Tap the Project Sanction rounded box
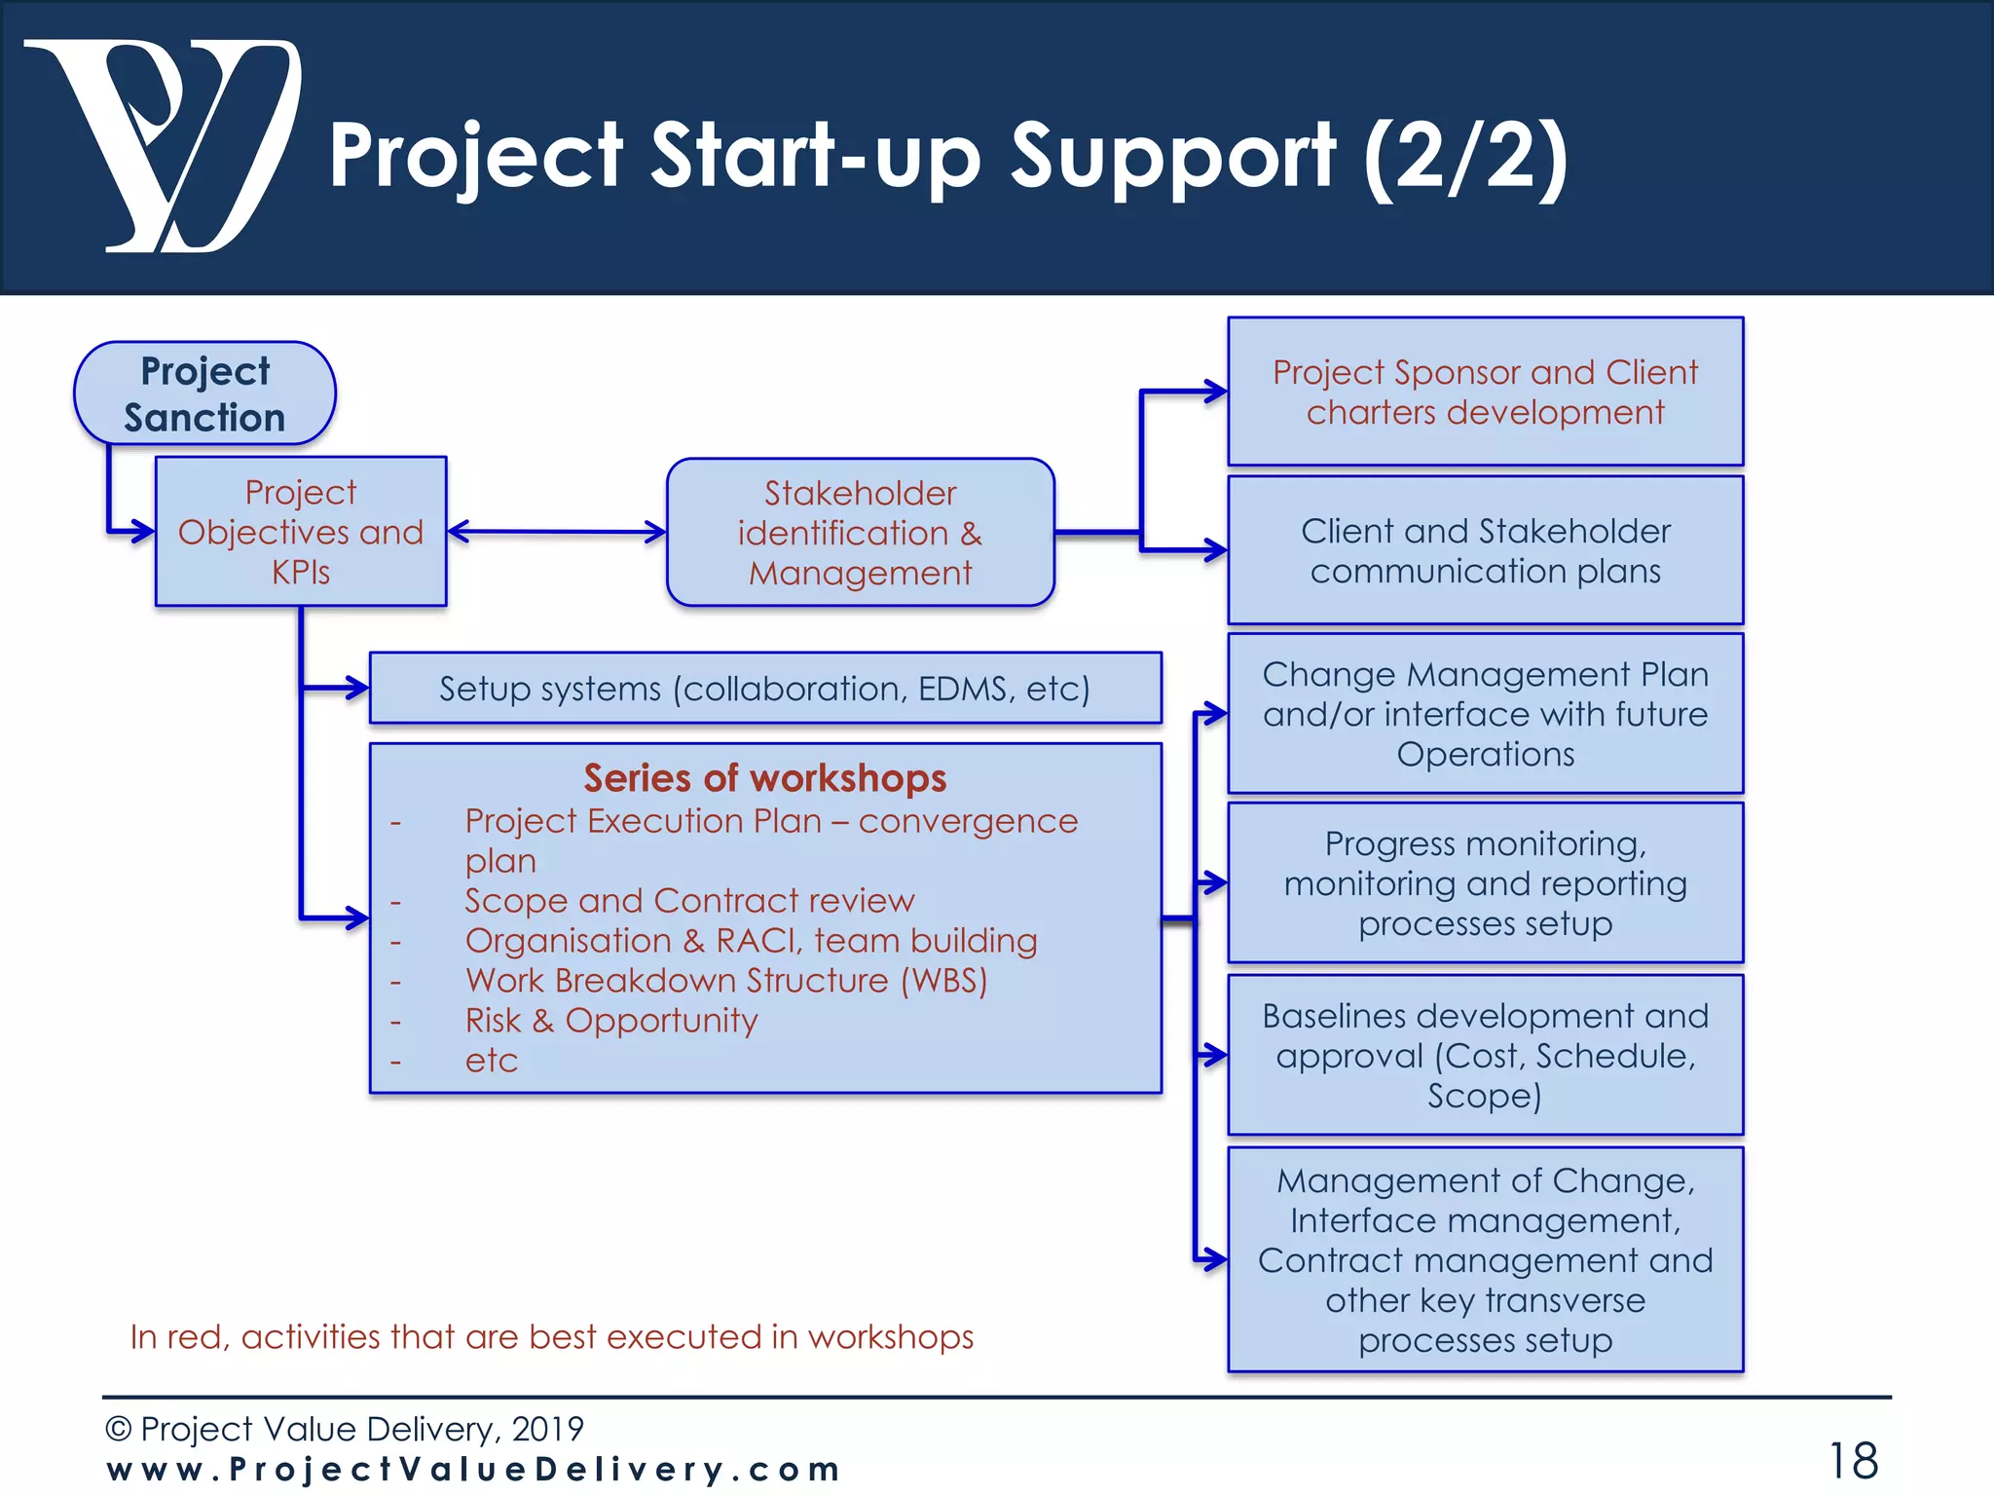[204, 393]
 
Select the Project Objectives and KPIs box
[301, 532]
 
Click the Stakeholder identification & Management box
[860, 533]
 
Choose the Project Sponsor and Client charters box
[1485, 392]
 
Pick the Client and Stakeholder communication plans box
[1485, 550]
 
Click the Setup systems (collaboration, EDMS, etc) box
[765, 689]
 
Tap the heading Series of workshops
[765, 778]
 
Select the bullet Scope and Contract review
[689, 901]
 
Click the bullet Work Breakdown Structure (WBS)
[726, 981]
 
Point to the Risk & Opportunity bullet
[611, 1021]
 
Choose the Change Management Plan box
[1485, 714]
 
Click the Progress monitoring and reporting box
[1485, 883]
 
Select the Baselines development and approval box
[1485, 1056]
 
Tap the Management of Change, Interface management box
[1485, 1259]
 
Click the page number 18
[1853, 1461]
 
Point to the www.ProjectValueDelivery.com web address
[473, 1469]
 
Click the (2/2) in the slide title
[1466, 156]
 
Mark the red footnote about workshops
[552, 1337]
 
